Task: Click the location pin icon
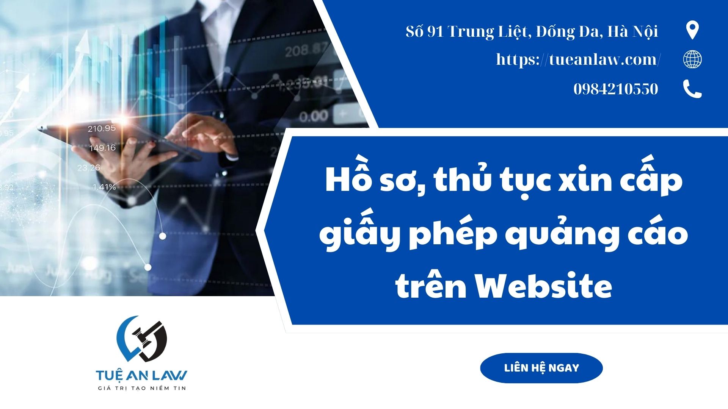tap(692, 30)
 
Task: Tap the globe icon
tap(692, 59)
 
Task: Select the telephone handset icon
tap(692, 89)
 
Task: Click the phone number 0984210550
tap(616, 89)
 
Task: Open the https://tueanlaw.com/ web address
tap(579, 59)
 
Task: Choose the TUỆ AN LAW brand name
tap(141, 375)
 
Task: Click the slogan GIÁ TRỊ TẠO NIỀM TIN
tap(141, 388)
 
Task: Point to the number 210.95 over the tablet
tap(102, 129)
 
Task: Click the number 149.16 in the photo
tap(102, 148)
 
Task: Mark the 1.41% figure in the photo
tap(104, 187)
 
